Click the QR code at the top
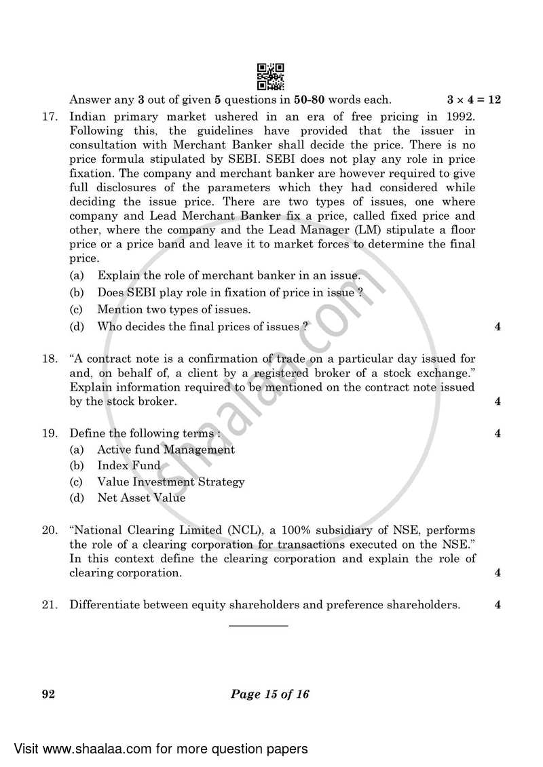point(271,77)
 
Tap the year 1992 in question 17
point(461,117)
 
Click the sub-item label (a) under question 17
point(77,275)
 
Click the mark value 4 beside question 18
point(498,401)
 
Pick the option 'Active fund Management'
point(166,450)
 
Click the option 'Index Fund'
point(129,466)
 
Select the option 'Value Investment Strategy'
point(170,482)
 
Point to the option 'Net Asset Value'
point(141,498)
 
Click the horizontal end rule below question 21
point(258,625)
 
